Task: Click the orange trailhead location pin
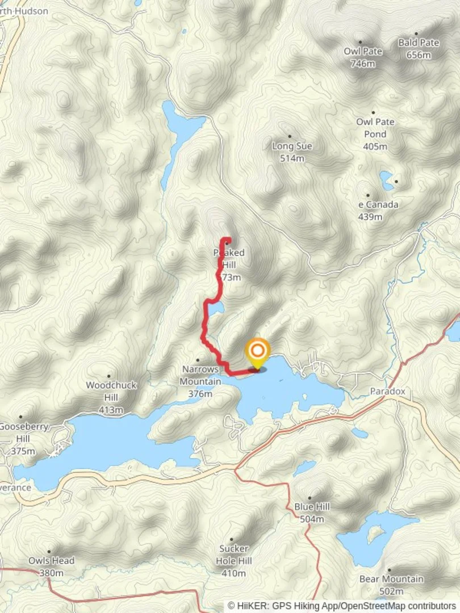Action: click(x=257, y=353)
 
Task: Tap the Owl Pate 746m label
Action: click(x=363, y=57)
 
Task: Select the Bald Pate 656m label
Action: click(x=419, y=48)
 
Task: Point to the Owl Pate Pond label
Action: click(x=375, y=134)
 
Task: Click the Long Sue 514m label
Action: click(x=292, y=152)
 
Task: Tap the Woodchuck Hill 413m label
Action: click(x=111, y=397)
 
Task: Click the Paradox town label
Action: click(x=388, y=392)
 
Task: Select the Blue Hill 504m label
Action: click(x=312, y=513)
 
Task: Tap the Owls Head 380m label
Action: click(x=52, y=566)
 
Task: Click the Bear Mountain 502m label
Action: click(x=391, y=585)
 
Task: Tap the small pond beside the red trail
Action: click(x=215, y=309)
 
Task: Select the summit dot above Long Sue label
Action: click(x=290, y=136)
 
